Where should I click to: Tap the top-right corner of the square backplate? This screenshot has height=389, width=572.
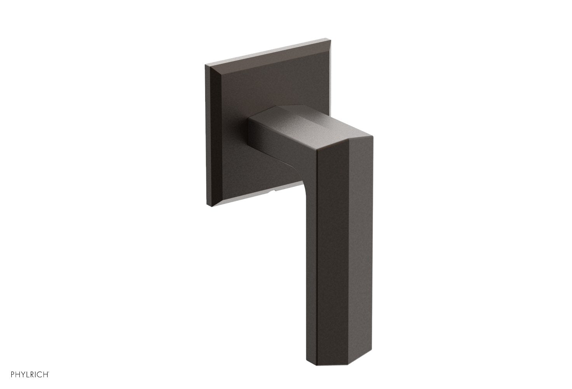pyautogui.click(x=326, y=39)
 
